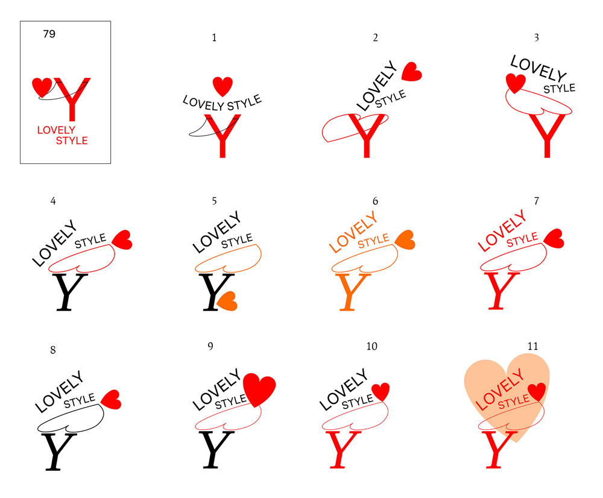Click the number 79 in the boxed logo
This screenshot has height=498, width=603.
click(49, 34)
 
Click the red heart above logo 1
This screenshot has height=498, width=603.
click(223, 86)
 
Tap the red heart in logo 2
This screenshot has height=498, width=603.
click(411, 71)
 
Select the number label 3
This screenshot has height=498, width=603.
click(536, 37)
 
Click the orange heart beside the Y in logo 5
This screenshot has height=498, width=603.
click(227, 301)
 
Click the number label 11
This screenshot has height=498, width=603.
click(532, 346)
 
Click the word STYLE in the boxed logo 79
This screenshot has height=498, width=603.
click(72, 141)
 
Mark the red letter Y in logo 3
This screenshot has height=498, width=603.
click(548, 135)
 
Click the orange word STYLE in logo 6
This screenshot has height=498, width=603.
click(374, 241)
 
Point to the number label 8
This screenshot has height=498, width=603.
click(53, 349)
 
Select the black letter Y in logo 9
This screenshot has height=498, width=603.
click(216, 449)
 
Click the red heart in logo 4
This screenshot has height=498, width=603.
click(122, 239)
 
